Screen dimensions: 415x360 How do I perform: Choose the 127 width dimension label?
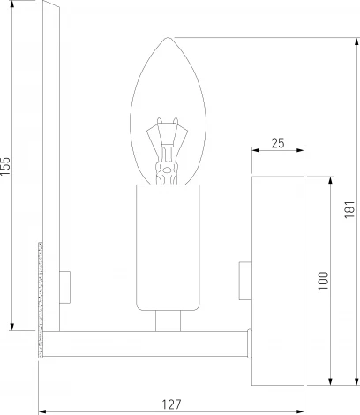(172, 404)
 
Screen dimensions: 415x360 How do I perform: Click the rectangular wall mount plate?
(278, 280)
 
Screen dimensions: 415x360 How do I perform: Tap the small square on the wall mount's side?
(246, 276)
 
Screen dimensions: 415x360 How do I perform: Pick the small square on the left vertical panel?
(64, 283)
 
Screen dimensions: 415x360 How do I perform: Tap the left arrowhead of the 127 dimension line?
(42, 411)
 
